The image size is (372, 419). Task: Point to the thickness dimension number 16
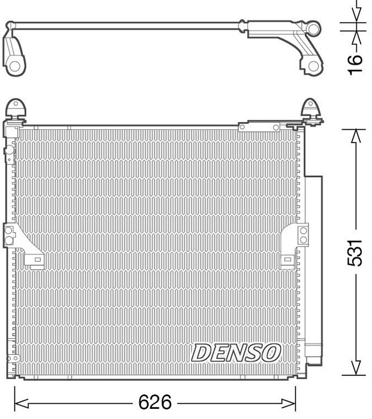pos(356,60)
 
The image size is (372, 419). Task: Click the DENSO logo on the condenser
pos(236,353)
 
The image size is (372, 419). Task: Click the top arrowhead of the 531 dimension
pos(356,135)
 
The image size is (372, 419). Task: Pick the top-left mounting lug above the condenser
pos(16,109)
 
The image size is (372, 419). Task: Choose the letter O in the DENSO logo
pos(271,353)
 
